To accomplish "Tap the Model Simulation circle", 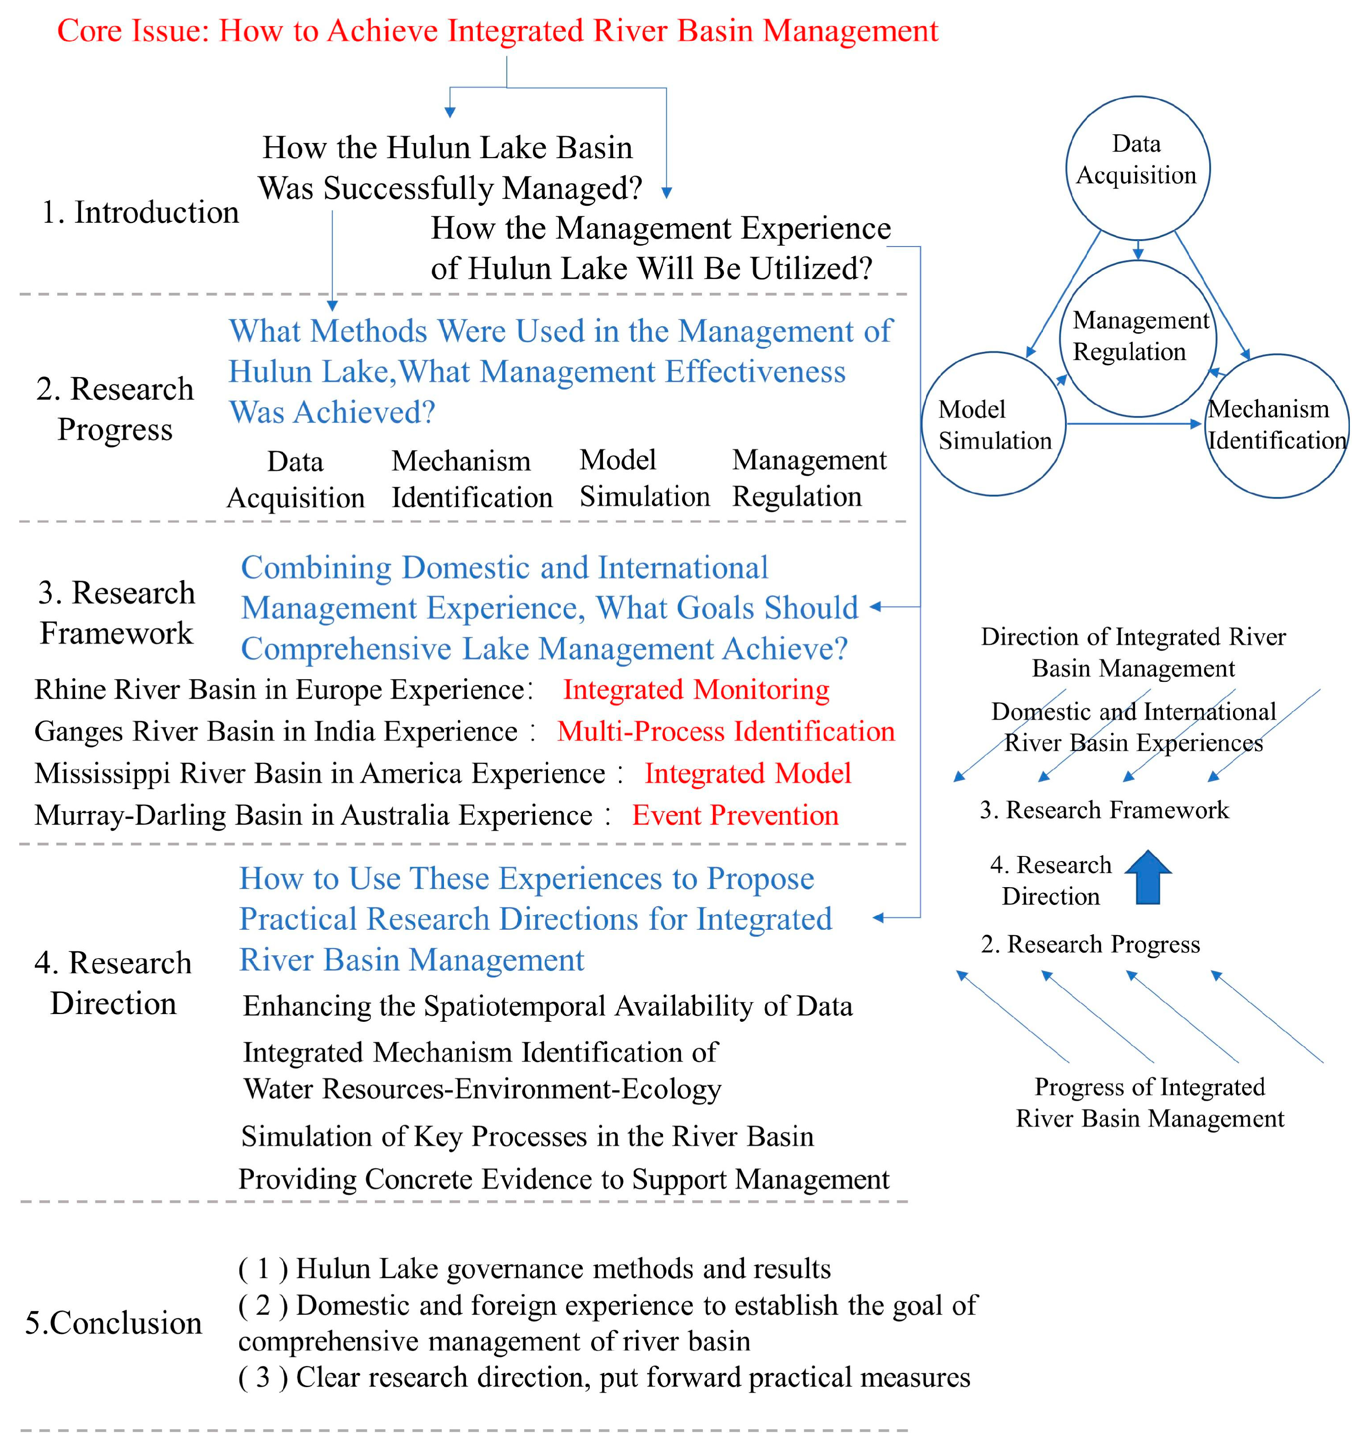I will click(993, 424).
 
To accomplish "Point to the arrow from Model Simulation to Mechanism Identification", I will click(1133, 423).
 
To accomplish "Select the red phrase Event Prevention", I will click(735, 815).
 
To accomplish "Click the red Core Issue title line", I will click(498, 31).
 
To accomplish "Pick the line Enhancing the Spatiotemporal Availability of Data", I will click(547, 1006).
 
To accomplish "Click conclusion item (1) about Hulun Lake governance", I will click(534, 1268).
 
